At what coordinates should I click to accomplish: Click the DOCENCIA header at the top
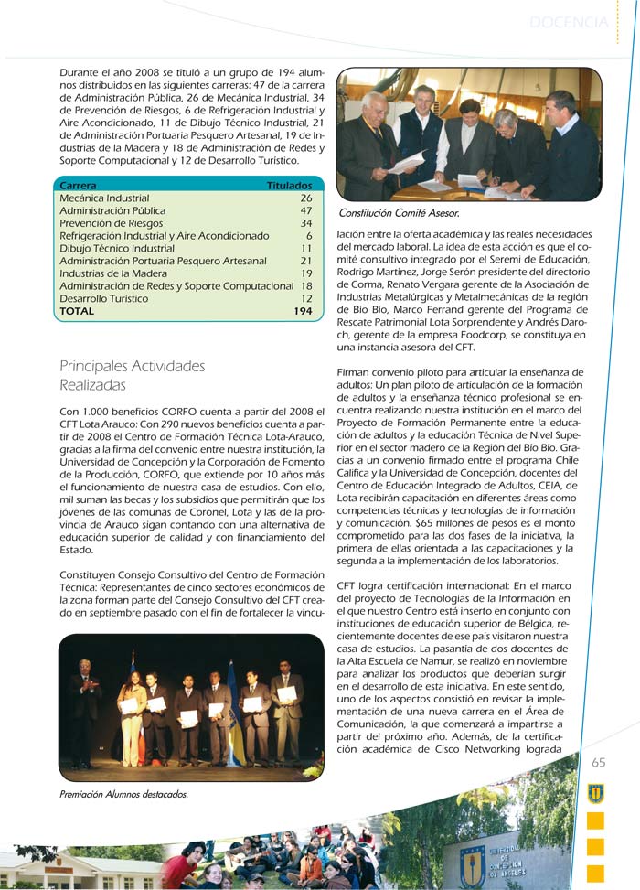[568, 22]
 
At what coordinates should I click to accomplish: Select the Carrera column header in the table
[78, 185]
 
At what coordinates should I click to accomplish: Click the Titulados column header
[289, 185]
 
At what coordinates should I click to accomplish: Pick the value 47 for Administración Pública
[306, 210]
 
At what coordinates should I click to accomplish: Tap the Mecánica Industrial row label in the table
[104, 198]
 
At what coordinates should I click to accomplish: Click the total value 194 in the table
[303, 312]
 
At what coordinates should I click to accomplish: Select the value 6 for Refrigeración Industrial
[309, 236]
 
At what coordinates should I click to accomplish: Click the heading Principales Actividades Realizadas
[132, 376]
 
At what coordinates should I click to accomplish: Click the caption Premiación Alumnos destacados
[123, 794]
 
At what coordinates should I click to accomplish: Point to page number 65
[598, 763]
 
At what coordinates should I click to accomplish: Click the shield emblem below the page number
[595, 793]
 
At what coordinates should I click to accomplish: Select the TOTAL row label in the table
[77, 312]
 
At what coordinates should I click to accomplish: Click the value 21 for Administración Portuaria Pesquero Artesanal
[306, 261]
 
